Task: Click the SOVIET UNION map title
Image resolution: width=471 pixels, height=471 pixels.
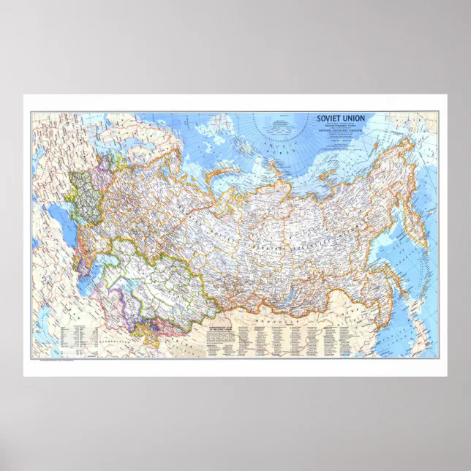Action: click(341, 118)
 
